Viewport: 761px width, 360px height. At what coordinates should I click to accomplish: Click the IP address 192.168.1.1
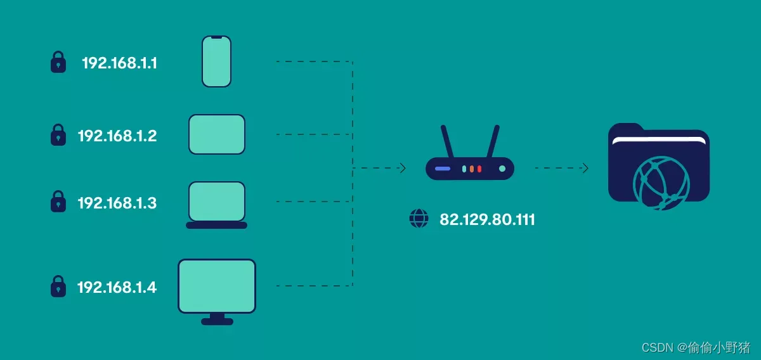coord(119,63)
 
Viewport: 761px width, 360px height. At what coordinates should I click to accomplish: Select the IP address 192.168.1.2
coord(117,136)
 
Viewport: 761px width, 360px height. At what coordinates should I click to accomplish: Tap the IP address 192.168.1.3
coord(117,203)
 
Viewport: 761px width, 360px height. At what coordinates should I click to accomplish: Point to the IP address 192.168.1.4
coord(117,288)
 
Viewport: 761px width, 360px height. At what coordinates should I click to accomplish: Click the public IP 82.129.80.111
coord(487,220)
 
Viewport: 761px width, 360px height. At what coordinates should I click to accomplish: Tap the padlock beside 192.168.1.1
coord(58,62)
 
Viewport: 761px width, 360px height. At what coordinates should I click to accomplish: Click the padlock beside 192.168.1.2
coord(58,135)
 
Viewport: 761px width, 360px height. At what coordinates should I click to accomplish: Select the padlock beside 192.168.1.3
coord(58,202)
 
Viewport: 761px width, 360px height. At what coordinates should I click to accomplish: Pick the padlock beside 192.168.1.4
coord(58,286)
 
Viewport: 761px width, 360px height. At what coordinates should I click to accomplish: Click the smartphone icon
coord(216,61)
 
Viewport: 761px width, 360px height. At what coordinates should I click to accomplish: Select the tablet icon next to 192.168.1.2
coord(216,134)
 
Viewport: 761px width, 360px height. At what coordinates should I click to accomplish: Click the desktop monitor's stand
coord(217,319)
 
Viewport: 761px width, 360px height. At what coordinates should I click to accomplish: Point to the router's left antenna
coord(447,141)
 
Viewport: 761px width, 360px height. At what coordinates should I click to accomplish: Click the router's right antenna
coord(493,141)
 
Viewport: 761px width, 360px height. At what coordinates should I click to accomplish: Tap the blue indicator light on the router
coord(443,169)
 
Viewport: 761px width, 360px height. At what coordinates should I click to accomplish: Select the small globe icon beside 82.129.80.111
coord(419,219)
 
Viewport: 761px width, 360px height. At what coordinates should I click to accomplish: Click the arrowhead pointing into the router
coord(402,168)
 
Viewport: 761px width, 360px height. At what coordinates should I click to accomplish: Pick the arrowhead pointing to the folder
coord(585,168)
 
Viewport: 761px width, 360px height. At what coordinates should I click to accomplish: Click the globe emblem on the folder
coord(661,183)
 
